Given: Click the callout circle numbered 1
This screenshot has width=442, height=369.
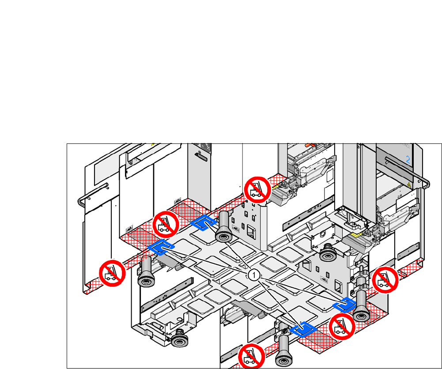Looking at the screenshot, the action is [x=253, y=275].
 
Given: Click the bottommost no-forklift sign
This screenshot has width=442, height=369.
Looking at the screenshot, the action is [x=252, y=356].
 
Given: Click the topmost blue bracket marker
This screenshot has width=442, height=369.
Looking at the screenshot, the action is [x=204, y=223].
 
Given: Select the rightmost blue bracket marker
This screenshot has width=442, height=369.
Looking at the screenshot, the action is [x=344, y=305].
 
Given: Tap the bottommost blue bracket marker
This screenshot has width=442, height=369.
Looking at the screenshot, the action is [x=302, y=329].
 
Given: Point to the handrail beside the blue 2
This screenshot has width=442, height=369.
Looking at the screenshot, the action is [x=424, y=182].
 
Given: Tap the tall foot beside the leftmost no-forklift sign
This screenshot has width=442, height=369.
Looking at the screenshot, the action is [x=145, y=271].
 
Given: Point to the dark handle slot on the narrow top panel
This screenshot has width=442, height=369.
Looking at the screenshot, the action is [x=200, y=156].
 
